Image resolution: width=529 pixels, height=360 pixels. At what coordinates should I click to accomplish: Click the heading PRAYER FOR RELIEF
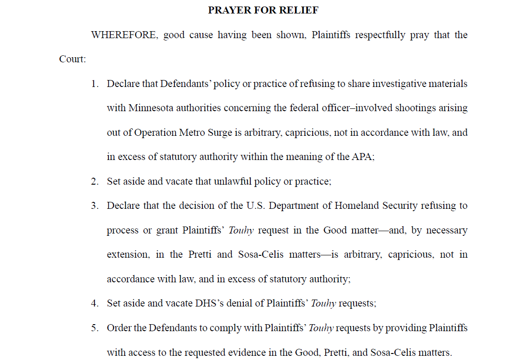pyautogui.click(x=263, y=10)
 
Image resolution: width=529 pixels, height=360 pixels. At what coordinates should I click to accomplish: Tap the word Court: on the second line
pyautogui.click(x=73, y=60)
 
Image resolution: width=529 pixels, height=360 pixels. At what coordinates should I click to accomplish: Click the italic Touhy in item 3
pyautogui.click(x=241, y=230)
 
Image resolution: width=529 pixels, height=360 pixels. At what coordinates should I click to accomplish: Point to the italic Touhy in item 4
pyautogui.click(x=323, y=303)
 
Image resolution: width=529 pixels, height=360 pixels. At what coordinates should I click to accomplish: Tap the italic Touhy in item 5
pyautogui.click(x=321, y=328)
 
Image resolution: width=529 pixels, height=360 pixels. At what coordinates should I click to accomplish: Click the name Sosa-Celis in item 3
pyautogui.click(x=259, y=255)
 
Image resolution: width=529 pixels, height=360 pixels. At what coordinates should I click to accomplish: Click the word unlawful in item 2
pyautogui.click(x=232, y=181)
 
